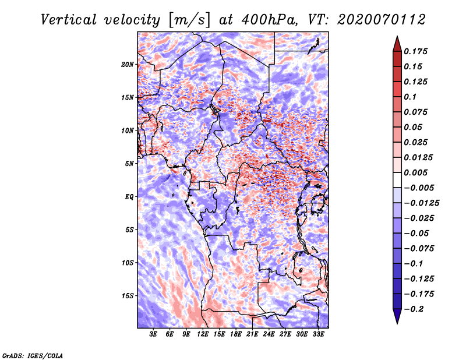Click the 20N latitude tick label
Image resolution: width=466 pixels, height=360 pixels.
click(128, 64)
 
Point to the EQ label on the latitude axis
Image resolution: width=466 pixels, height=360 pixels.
click(129, 197)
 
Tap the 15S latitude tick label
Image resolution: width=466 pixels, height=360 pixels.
click(128, 296)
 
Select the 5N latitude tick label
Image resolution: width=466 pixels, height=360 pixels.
click(129, 164)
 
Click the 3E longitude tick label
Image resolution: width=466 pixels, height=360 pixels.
click(153, 334)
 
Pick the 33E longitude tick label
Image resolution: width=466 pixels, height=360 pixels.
click(319, 334)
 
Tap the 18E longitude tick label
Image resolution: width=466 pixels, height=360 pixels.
click(236, 334)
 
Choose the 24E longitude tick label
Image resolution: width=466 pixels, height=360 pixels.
click(269, 334)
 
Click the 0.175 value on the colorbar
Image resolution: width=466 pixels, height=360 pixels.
click(417, 51)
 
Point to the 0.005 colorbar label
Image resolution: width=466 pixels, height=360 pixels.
click(417, 172)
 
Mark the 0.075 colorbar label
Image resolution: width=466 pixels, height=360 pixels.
click(417, 112)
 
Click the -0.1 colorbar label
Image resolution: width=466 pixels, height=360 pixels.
click(414, 263)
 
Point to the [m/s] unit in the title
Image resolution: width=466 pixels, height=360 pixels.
click(186, 19)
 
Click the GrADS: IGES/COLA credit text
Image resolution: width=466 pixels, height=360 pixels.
click(32, 355)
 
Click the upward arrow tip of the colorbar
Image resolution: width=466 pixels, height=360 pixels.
click(397, 38)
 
